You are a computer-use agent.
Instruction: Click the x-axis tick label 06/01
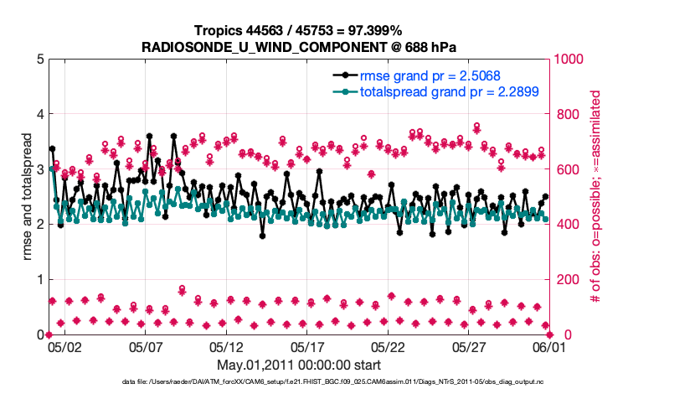coord(550,346)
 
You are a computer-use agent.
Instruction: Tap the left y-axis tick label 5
coord(40,59)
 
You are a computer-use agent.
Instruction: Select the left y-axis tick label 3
coord(40,169)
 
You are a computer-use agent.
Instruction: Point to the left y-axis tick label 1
coord(40,279)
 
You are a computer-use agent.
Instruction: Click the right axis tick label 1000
coord(569,59)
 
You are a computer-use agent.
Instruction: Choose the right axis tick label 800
coord(566,114)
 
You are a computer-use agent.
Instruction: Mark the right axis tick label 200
coord(566,279)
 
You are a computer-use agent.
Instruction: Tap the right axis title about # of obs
coord(595,196)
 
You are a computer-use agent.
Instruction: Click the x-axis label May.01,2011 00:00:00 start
coord(299,365)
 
